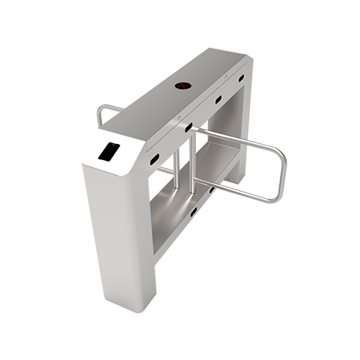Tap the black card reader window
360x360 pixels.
110,152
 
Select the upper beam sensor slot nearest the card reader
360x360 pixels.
154,156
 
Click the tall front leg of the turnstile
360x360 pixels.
119,230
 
